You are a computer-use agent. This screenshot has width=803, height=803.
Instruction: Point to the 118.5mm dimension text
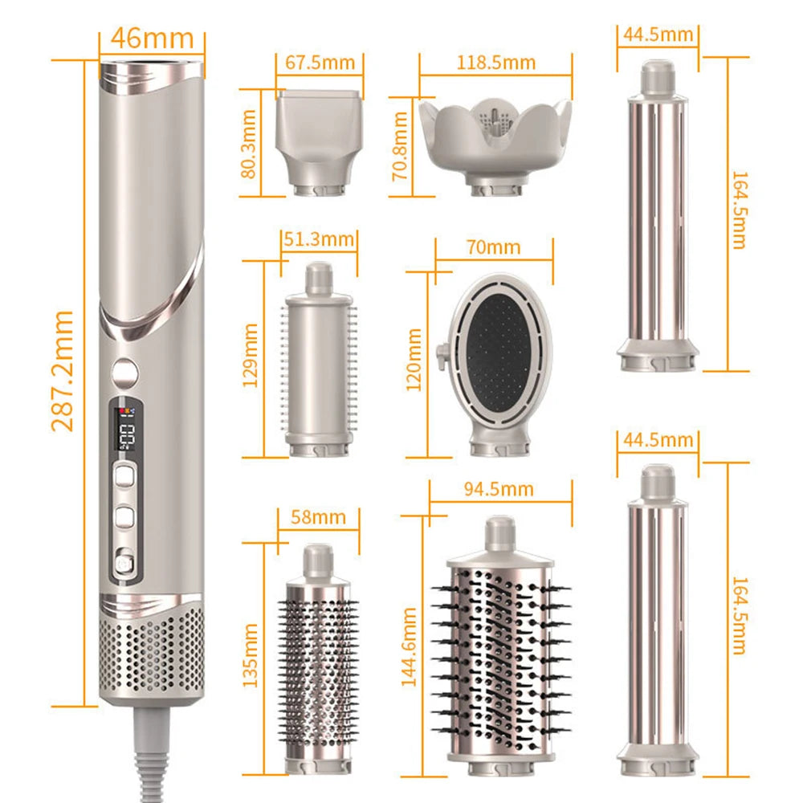point(496,62)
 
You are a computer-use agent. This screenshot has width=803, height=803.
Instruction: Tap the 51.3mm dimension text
point(319,238)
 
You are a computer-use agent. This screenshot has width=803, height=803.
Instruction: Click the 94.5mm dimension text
point(501,488)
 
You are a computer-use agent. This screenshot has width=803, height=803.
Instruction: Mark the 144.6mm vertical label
point(410,646)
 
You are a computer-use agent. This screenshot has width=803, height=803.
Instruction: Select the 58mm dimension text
point(317,516)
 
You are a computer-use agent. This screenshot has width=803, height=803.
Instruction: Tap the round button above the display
point(124,372)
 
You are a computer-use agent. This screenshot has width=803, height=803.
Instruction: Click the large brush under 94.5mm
point(500,634)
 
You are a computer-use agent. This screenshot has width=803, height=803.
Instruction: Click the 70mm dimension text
point(495,247)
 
